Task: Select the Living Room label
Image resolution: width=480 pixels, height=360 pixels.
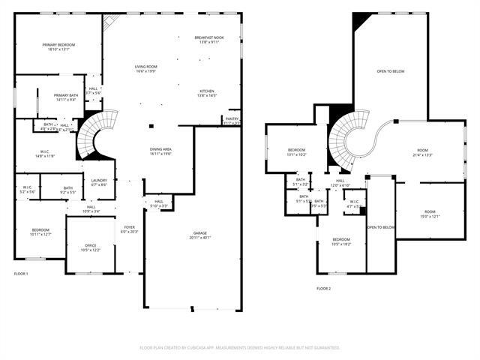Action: point(145,69)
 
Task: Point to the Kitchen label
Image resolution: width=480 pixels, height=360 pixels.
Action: point(207,93)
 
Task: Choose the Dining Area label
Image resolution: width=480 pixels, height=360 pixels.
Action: point(161,151)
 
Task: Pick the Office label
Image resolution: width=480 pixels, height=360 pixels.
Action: point(90,247)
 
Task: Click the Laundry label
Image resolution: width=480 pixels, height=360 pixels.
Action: point(99,182)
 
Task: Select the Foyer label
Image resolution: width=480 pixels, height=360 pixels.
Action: point(130,229)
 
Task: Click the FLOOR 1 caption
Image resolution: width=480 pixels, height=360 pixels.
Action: point(21,274)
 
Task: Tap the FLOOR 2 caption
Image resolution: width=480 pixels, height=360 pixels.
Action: point(323,289)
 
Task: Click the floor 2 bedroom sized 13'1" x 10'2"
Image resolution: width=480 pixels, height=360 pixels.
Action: point(296,152)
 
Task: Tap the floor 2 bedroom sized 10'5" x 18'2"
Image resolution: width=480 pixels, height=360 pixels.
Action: point(341,241)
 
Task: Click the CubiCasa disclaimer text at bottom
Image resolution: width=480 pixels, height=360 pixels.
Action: point(240,347)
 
